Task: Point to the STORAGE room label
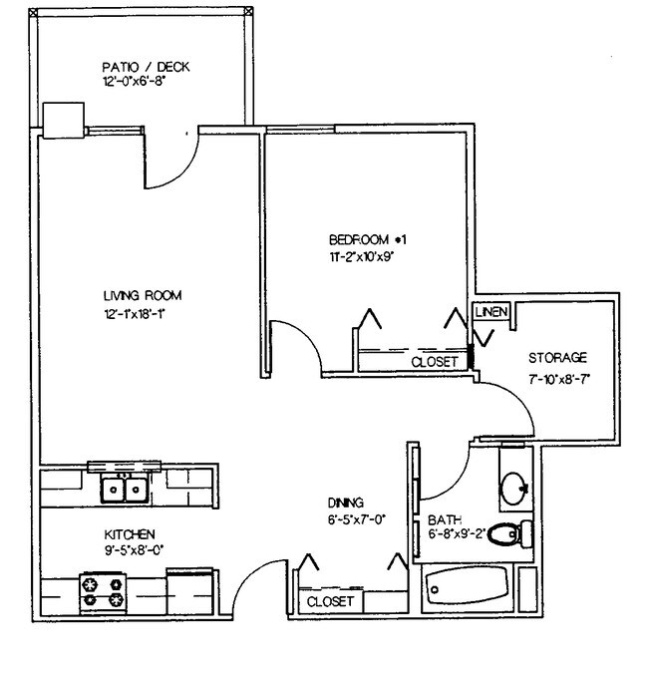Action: [557, 357]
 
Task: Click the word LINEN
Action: [491, 312]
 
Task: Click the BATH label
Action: [443, 520]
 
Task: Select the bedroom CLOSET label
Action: [435, 362]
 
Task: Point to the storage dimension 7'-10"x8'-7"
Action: [562, 379]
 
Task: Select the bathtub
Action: [467, 589]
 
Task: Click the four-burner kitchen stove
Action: [103, 591]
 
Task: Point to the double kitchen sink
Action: [125, 490]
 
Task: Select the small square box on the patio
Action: [66, 119]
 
